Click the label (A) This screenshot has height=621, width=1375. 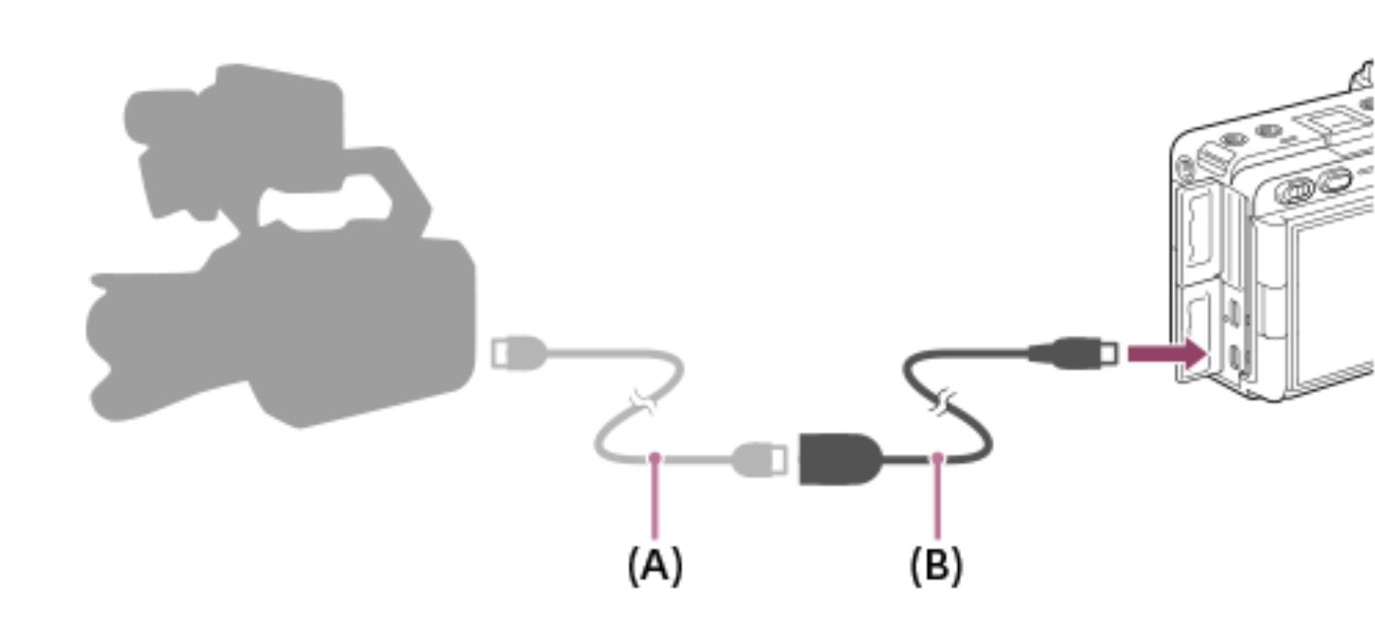coord(656,566)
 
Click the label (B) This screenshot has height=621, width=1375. coord(936,566)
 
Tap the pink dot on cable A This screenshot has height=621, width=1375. coord(656,456)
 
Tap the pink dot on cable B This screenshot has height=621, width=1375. coord(937,456)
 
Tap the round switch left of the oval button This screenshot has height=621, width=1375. coord(1294,192)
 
